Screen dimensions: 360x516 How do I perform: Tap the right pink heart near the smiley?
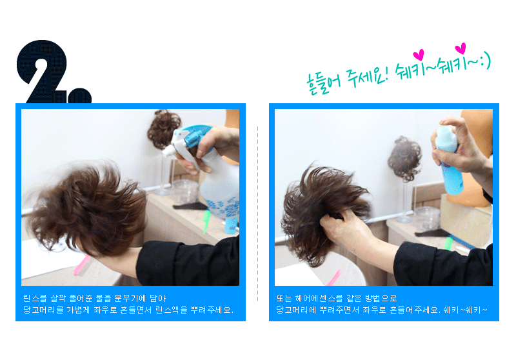(460, 48)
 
